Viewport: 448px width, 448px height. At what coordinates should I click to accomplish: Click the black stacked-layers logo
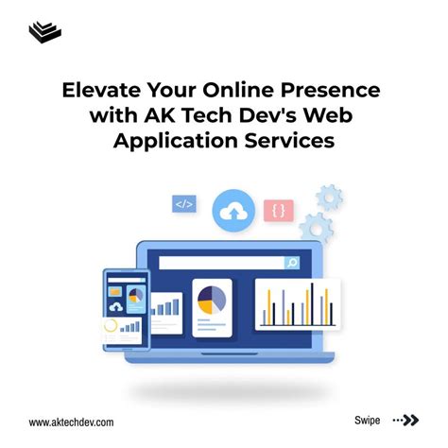(43, 32)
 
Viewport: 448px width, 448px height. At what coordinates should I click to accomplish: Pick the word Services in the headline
(289, 143)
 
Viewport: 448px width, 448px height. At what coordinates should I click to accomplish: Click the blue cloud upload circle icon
(232, 212)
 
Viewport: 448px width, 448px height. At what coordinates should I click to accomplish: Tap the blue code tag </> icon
(183, 203)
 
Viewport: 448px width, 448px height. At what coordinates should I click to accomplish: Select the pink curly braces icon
(279, 211)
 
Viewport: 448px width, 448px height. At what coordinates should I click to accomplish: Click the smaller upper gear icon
(329, 197)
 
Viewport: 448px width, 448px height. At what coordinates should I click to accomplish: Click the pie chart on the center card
(212, 302)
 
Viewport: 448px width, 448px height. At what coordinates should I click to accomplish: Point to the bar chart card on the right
(298, 303)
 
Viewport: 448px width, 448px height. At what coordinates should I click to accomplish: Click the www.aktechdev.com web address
(72, 422)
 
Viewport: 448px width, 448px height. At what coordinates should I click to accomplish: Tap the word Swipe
(368, 420)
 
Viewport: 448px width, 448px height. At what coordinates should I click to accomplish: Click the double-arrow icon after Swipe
(407, 420)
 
